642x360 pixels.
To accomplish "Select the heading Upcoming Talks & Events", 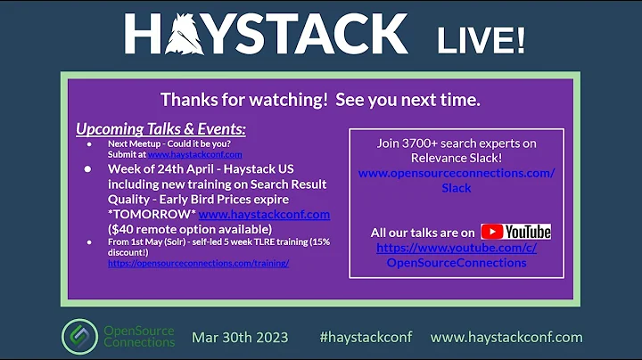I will (x=160, y=129).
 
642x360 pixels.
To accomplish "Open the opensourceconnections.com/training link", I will (x=198, y=264).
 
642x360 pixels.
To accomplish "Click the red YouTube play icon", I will (x=492, y=232).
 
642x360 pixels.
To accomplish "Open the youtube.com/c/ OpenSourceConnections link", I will (x=456, y=255).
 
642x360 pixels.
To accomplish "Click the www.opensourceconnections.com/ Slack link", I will (x=456, y=181).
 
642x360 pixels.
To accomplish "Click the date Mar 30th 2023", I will (x=240, y=337).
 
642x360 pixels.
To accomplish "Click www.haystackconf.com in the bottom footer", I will (x=506, y=337).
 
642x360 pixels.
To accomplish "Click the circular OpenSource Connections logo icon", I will (x=79, y=336).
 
